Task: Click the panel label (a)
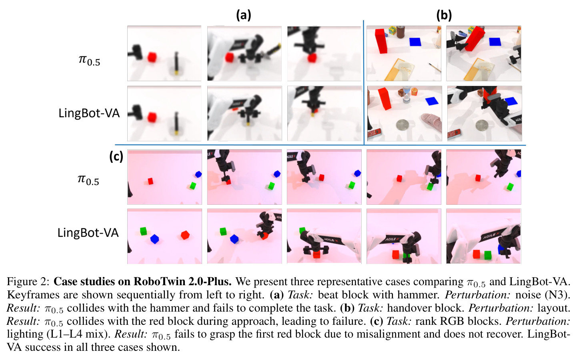coord(243,16)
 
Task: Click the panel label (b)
coord(444,16)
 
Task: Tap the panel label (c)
coord(116,156)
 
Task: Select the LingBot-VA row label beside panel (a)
coord(89,113)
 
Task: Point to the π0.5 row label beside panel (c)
coord(88,179)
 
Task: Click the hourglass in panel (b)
coord(406,94)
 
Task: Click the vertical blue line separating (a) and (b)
coord(363,82)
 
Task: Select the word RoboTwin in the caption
coord(159,282)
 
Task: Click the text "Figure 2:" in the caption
coord(28,282)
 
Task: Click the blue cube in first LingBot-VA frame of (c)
coord(154,239)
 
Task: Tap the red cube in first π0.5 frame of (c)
coord(150,181)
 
